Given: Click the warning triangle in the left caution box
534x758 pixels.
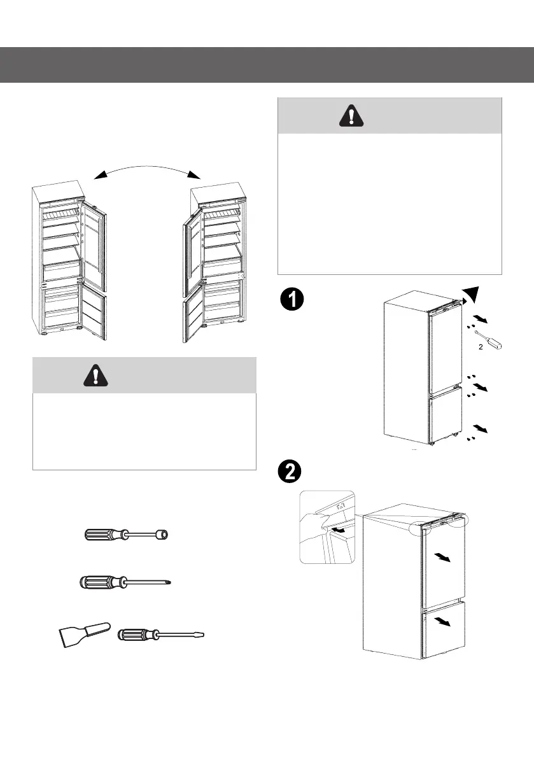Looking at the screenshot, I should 95,377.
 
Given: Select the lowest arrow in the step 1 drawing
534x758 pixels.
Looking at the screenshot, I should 481,430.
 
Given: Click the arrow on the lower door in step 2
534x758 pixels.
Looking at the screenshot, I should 446,621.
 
